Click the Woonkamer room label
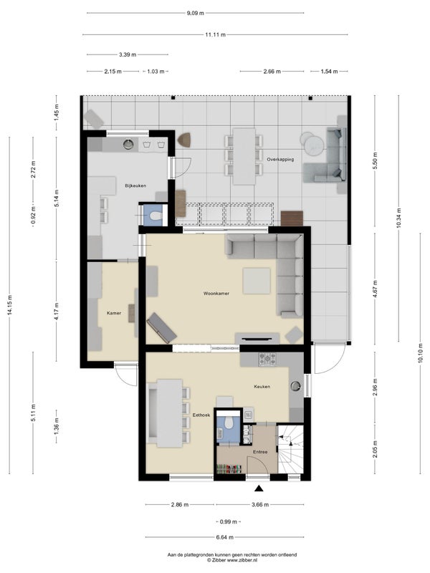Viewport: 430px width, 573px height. point(216,293)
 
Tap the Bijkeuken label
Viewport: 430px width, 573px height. point(135,186)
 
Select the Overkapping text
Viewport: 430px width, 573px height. point(280,159)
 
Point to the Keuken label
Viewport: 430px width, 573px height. point(262,386)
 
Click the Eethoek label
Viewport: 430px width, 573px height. point(201,415)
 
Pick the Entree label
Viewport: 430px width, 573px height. point(260,452)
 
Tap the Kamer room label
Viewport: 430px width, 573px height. point(114,313)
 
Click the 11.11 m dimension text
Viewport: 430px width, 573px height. point(216,34)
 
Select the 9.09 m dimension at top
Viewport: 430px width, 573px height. point(195,13)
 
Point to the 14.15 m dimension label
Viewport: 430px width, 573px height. point(10,304)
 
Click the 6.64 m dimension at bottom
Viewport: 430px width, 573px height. point(225,537)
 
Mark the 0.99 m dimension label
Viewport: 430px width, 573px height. point(228,521)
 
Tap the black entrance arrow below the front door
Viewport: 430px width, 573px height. point(259,488)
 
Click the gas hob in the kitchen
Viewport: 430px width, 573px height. point(267,359)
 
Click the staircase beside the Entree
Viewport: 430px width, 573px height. point(290,449)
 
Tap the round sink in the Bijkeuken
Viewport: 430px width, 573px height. point(128,145)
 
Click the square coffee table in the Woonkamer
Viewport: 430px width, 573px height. point(257,281)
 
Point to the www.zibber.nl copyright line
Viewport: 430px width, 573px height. point(232,559)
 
